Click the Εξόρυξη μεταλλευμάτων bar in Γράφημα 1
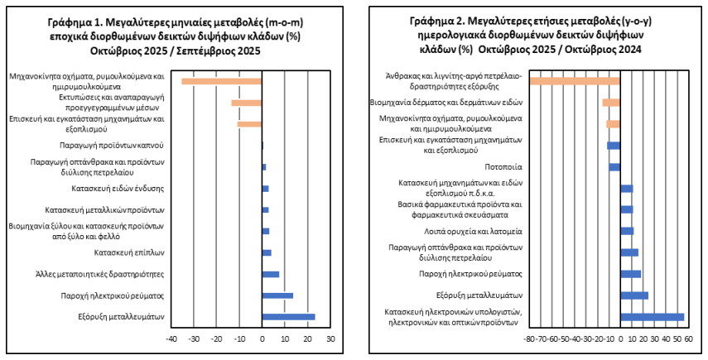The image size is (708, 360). click(x=288, y=317)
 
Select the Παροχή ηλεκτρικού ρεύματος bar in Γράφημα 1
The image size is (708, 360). click(x=277, y=295)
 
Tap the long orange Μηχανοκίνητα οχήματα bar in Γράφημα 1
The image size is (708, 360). click(x=221, y=80)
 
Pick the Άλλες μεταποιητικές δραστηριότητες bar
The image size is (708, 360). click(x=270, y=274)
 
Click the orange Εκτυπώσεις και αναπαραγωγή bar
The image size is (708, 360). click(x=246, y=103)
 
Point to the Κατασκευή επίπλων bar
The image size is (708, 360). click(x=267, y=252)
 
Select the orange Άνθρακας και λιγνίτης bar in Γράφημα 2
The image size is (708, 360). click(x=574, y=80)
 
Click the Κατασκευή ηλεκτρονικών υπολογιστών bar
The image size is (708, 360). click(x=652, y=317)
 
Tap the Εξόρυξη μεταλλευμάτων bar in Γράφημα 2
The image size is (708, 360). click(x=634, y=295)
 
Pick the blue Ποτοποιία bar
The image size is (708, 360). click(x=614, y=167)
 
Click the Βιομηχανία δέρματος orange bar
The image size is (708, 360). click(x=611, y=103)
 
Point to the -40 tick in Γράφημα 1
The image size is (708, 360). click(x=171, y=339)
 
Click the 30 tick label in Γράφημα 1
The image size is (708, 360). click(x=330, y=339)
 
